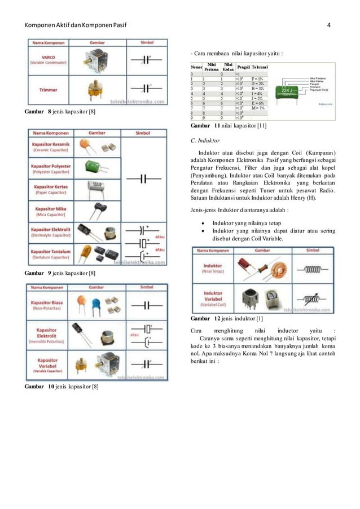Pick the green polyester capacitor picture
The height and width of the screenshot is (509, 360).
94,166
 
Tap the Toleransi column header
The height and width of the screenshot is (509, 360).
260,67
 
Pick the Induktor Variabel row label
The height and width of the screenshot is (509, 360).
213,297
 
